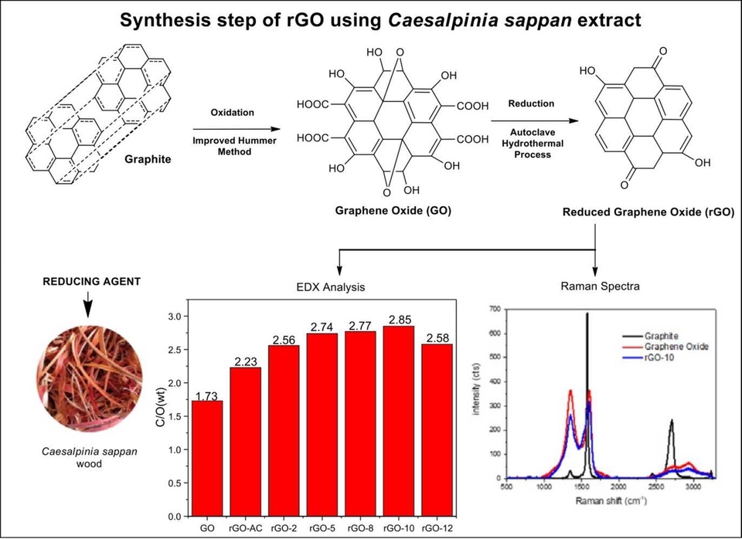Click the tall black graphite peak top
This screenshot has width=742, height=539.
tap(587, 314)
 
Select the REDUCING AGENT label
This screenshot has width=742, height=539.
tap(91, 282)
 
